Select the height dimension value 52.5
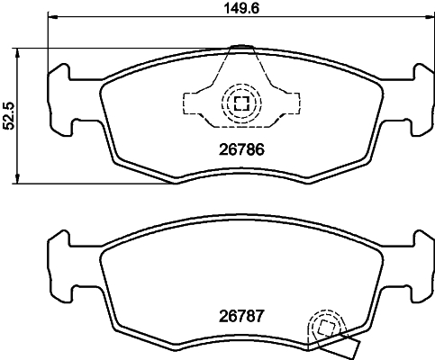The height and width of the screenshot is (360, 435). point(11,116)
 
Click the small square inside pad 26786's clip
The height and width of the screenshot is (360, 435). point(240,102)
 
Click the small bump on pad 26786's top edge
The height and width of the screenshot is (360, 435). point(240,47)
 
